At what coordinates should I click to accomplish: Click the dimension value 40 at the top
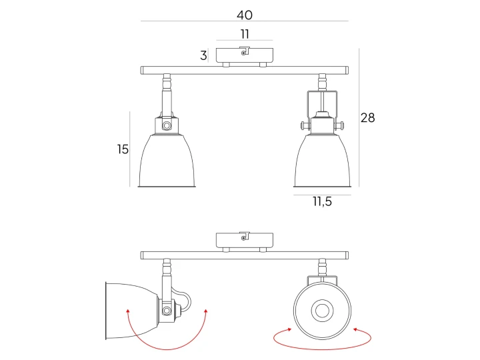[244, 15]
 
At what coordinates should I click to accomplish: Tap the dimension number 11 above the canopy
[245, 34]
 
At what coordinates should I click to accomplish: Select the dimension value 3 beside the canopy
[203, 55]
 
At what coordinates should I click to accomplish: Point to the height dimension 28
[367, 117]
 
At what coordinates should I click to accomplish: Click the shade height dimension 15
[123, 149]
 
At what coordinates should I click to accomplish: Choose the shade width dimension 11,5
[323, 201]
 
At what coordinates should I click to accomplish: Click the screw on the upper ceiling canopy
[243, 53]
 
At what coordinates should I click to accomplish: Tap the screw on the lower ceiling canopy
[243, 238]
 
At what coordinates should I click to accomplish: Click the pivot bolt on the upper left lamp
[167, 125]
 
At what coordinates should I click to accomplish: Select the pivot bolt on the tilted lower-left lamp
[167, 311]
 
